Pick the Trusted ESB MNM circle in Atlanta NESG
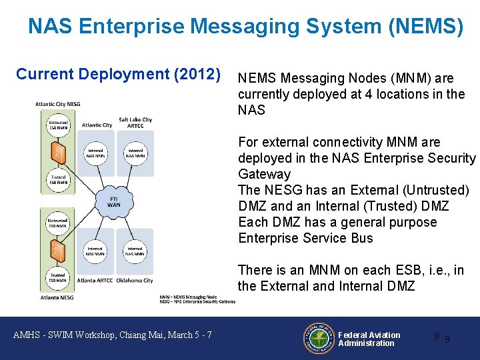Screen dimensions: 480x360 (x=57, y=278)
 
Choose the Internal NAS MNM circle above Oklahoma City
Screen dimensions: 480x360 (x=135, y=251)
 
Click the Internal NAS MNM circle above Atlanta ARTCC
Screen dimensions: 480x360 (x=95, y=251)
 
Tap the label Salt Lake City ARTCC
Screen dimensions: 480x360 (x=135, y=123)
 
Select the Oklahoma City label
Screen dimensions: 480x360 (x=134, y=281)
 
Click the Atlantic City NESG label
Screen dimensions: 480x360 (x=58, y=104)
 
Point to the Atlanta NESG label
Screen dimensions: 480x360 (x=54, y=297)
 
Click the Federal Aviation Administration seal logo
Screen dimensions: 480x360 (x=319, y=339)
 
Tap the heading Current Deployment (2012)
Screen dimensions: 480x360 (x=118, y=74)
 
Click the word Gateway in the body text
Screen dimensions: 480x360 (x=265, y=174)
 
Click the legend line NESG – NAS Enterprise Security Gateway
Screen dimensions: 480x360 (x=197, y=301)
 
